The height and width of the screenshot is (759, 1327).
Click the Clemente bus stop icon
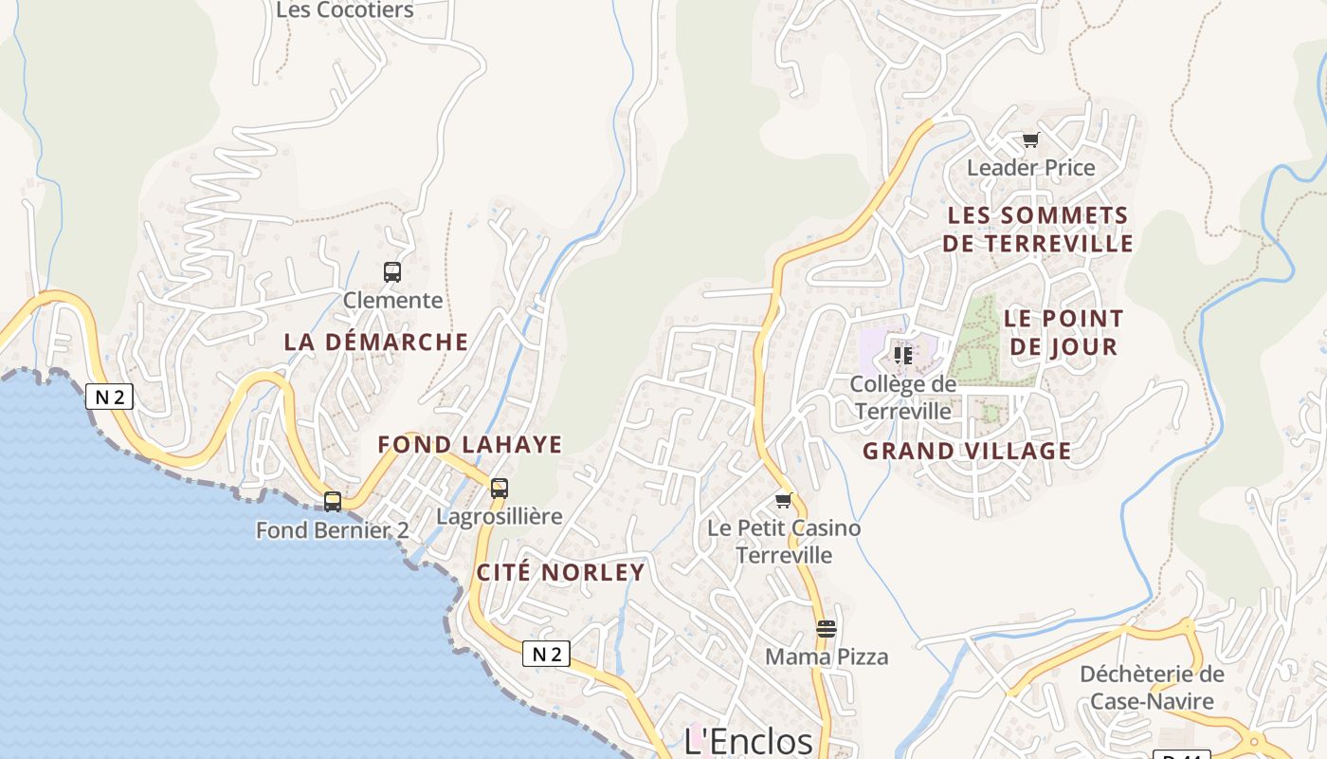click(392, 272)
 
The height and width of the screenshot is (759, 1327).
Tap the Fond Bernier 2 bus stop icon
click(333, 502)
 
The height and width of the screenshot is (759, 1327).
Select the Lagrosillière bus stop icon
click(500, 489)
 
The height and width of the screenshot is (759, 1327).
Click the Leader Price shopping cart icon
click(1030, 140)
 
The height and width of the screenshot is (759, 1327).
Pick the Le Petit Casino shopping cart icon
click(783, 500)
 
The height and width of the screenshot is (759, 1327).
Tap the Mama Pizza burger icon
click(827, 628)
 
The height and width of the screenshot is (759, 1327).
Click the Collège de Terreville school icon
click(902, 356)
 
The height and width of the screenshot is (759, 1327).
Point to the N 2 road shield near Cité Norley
click(546, 654)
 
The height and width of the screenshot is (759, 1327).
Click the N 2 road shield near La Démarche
click(110, 397)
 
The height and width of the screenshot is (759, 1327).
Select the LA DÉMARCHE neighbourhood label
click(376, 342)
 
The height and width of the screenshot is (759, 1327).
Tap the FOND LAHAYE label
click(470, 444)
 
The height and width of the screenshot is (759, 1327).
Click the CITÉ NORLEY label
click(560, 572)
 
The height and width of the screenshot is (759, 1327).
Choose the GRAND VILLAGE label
click(967, 451)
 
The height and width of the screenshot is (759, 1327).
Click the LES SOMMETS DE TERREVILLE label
click(1038, 230)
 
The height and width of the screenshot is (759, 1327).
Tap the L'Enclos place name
click(749, 741)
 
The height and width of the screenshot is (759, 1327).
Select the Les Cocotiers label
click(345, 10)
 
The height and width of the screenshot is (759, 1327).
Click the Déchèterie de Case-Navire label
click(1152, 688)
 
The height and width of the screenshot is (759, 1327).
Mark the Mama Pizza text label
click(827, 657)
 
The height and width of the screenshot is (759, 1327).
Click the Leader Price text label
click(1030, 168)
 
